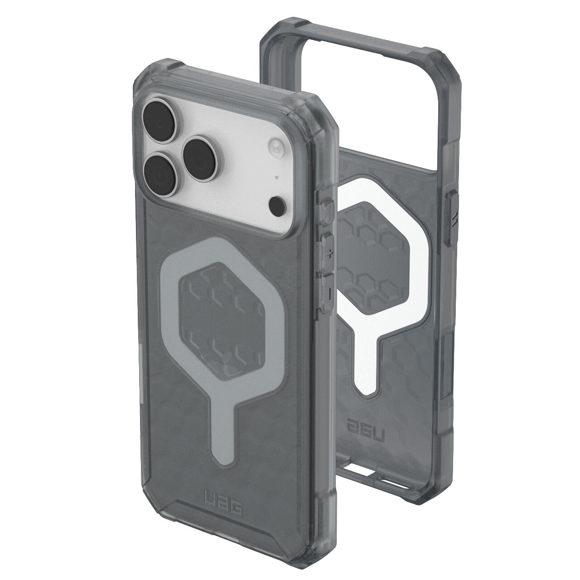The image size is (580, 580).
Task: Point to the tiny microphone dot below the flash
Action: (x=276, y=178)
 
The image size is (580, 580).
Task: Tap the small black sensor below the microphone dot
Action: (x=277, y=205)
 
